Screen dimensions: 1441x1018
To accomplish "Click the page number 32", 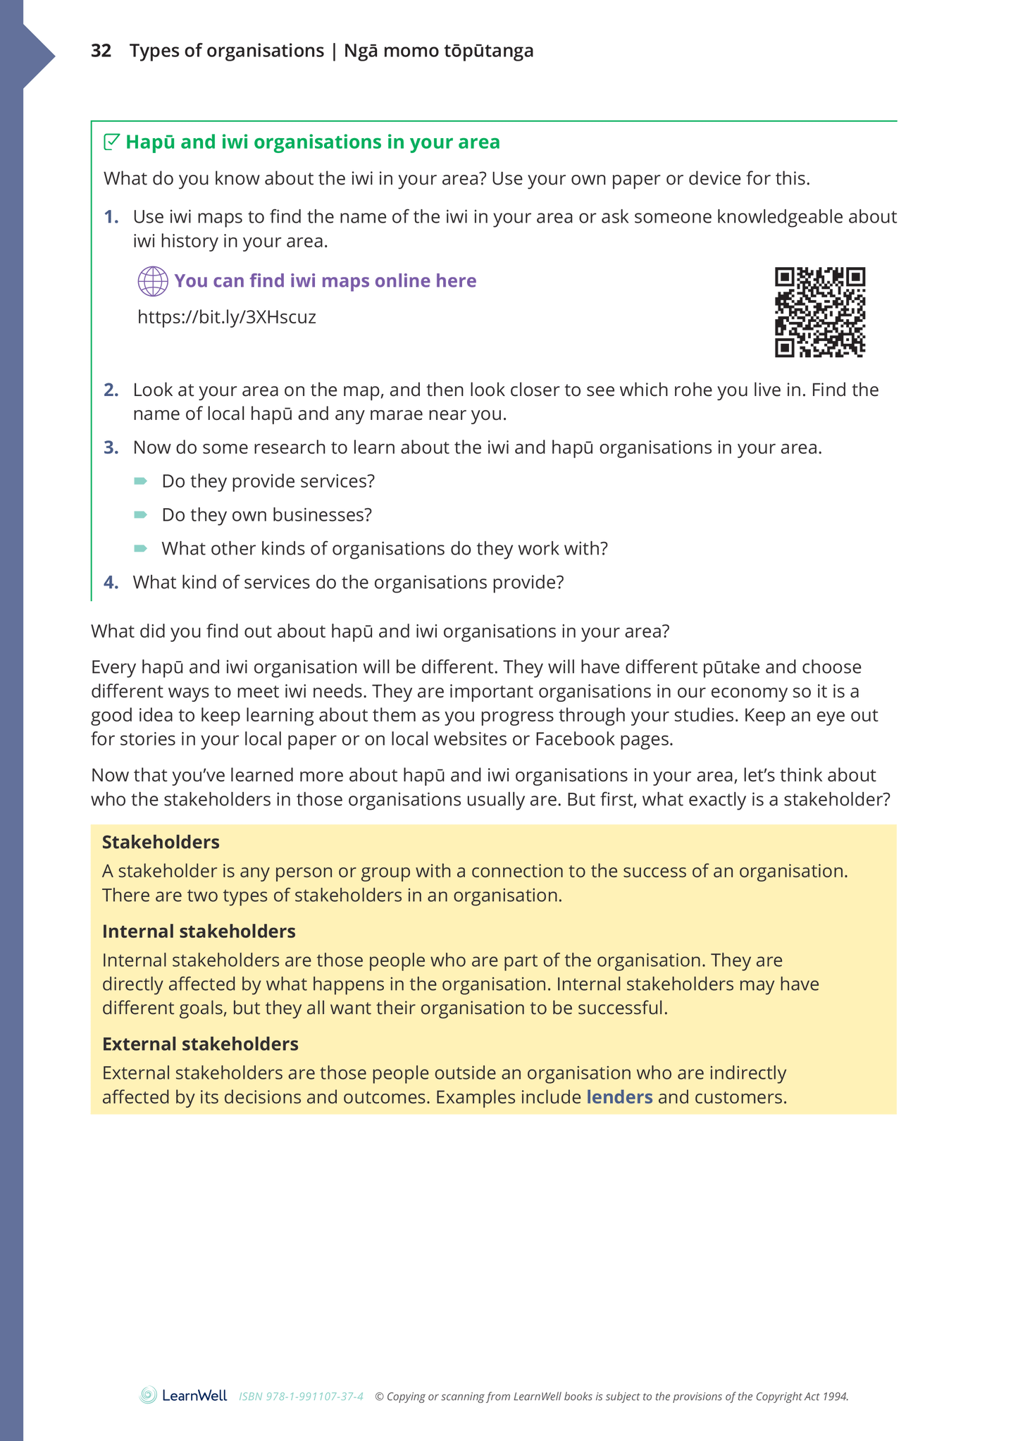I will pyautogui.click(x=101, y=51).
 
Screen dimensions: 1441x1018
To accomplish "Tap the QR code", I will pyautogui.click(x=819, y=311).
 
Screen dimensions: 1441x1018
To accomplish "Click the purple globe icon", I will pyautogui.click(x=153, y=281).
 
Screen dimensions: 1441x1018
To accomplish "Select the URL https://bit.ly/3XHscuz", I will pyautogui.click(x=227, y=317).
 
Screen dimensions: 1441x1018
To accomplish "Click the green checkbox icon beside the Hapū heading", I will pyautogui.click(x=111, y=142).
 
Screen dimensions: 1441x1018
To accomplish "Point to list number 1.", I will pyautogui.click(x=111, y=217).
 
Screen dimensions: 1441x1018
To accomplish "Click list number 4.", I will pyautogui.click(x=111, y=583).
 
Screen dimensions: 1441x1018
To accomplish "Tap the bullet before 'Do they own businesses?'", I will pyautogui.click(x=141, y=515).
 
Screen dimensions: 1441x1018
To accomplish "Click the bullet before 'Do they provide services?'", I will pyautogui.click(x=141, y=481).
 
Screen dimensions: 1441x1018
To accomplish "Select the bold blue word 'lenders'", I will pyautogui.click(x=619, y=1097).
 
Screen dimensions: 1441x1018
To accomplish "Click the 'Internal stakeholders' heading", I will pyautogui.click(x=199, y=932).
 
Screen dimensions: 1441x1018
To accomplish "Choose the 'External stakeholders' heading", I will pyautogui.click(x=200, y=1044).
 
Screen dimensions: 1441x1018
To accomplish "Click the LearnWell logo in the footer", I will pyautogui.click(x=184, y=1395).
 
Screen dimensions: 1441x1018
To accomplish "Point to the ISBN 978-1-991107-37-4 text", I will pyautogui.click(x=301, y=1397).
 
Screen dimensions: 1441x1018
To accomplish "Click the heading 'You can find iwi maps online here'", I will pyautogui.click(x=325, y=281).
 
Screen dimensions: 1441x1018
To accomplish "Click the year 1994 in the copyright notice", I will pyautogui.click(x=836, y=1397).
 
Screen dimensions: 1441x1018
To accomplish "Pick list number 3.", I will pyautogui.click(x=111, y=448).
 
